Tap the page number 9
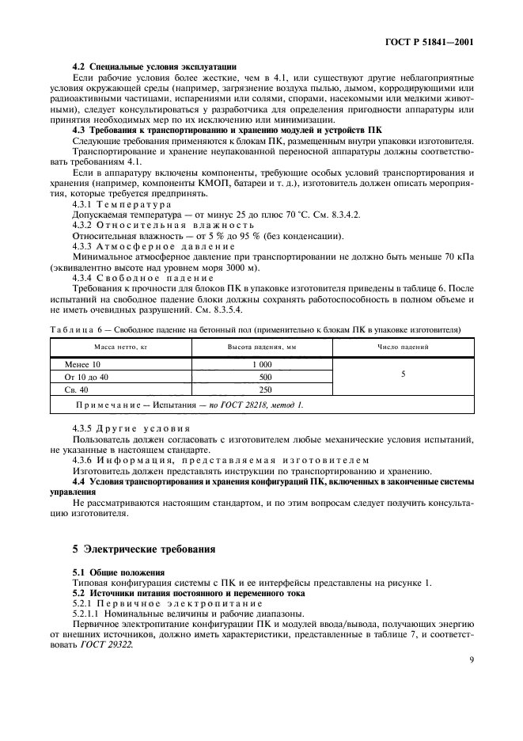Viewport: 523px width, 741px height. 470,657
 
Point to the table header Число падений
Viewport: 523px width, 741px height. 404,347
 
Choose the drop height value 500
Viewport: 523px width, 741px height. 265,377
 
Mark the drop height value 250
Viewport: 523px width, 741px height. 265,389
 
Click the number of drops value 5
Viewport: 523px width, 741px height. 404,374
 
